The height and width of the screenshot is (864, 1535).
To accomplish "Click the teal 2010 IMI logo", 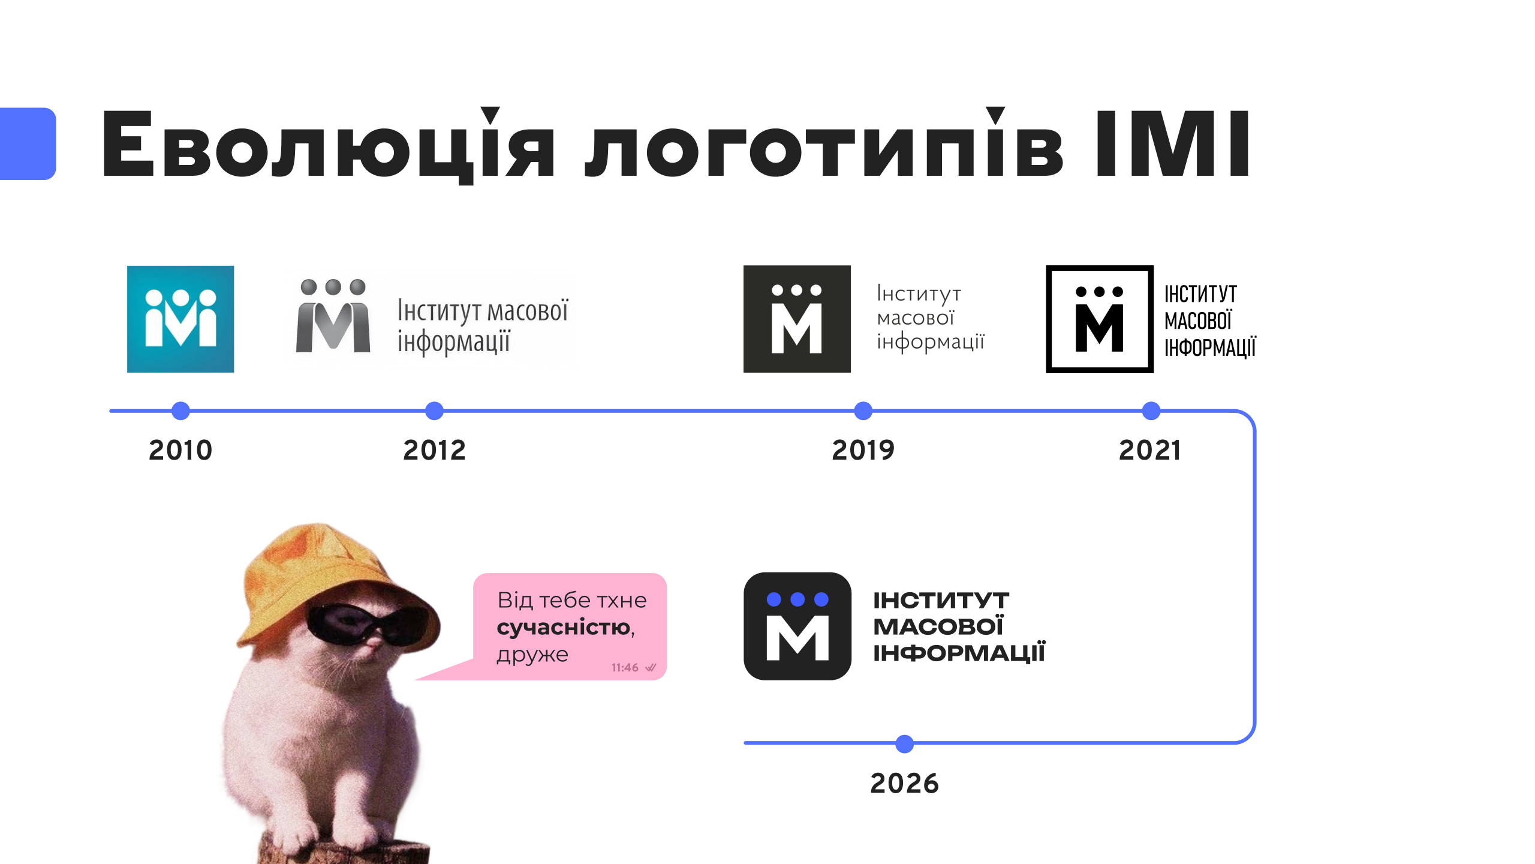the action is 180,319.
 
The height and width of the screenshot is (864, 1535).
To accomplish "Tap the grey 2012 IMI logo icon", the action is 333,316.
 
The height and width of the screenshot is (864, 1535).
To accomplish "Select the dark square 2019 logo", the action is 797,319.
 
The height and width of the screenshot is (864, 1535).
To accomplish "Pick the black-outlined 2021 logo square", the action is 1100,319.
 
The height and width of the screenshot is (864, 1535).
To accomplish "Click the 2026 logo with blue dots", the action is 797,626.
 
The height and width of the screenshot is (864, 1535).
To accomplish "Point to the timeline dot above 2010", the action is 180,411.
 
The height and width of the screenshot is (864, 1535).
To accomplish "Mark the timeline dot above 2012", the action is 434,411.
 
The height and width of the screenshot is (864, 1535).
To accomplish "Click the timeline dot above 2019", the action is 863,411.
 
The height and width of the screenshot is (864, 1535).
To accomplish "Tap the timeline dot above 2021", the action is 1151,411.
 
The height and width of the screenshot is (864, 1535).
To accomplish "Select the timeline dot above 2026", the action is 904,743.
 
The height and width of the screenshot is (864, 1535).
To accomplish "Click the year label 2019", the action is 863,450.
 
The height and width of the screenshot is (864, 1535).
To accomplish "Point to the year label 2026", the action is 904,783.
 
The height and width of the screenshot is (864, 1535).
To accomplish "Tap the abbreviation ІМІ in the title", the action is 1173,144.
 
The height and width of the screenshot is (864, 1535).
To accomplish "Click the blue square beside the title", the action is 28,143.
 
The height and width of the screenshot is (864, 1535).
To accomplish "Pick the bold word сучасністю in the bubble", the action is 564,628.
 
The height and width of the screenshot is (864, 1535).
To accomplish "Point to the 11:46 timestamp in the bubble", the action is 624,667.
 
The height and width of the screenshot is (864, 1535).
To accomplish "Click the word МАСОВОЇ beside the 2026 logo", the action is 938,626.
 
